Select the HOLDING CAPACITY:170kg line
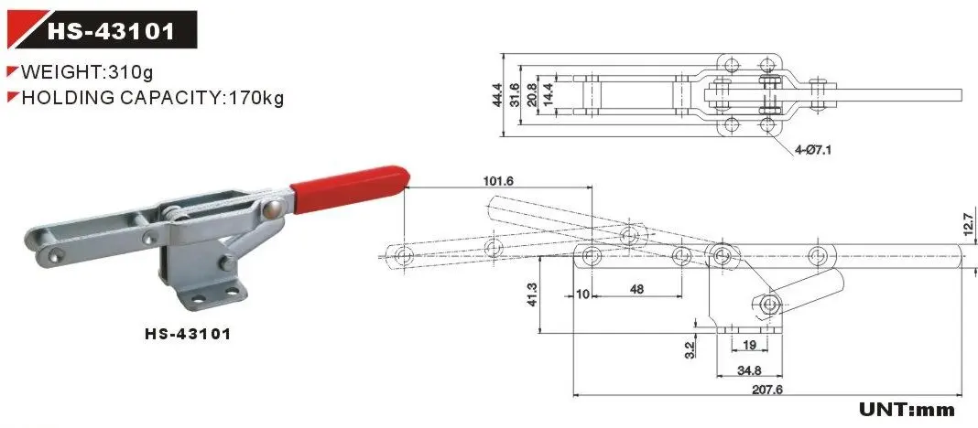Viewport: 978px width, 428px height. click(151, 98)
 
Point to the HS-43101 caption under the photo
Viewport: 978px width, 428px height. click(188, 334)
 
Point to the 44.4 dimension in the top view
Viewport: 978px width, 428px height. click(496, 94)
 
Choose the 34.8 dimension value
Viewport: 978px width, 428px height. click(750, 369)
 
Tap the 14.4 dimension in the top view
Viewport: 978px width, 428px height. click(549, 94)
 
